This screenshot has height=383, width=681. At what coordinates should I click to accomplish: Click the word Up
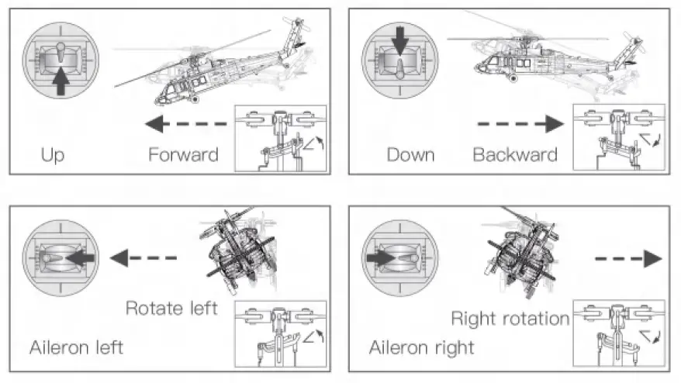click(x=53, y=154)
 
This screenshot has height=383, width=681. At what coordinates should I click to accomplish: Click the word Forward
click(x=183, y=154)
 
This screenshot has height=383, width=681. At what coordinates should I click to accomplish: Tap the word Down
click(x=410, y=154)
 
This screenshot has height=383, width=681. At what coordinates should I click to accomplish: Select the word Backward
click(x=515, y=154)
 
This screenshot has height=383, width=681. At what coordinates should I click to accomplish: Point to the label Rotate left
click(x=171, y=308)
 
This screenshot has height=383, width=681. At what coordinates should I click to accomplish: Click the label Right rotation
click(x=510, y=318)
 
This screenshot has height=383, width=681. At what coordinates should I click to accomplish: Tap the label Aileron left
click(x=77, y=347)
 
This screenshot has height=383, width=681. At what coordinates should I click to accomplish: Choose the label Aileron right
click(x=421, y=347)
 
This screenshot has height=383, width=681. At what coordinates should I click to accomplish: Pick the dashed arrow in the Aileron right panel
click(x=629, y=258)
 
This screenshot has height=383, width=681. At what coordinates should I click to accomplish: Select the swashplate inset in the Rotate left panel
click(x=279, y=333)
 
